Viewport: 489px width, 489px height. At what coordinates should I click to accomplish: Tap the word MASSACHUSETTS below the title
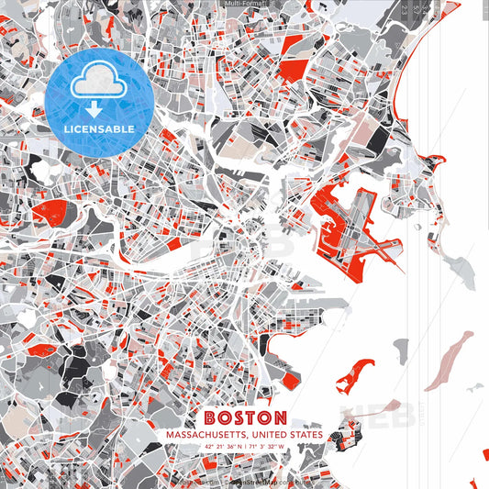tap(198, 434)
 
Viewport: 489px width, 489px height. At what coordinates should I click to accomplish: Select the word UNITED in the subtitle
tap(266, 434)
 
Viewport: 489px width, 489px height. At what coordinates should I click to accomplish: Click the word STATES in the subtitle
tap(304, 434)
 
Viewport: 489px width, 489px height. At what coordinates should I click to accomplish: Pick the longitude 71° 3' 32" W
tap(267, 447)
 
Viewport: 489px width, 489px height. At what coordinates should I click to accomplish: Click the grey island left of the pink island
tap(400, 349)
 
